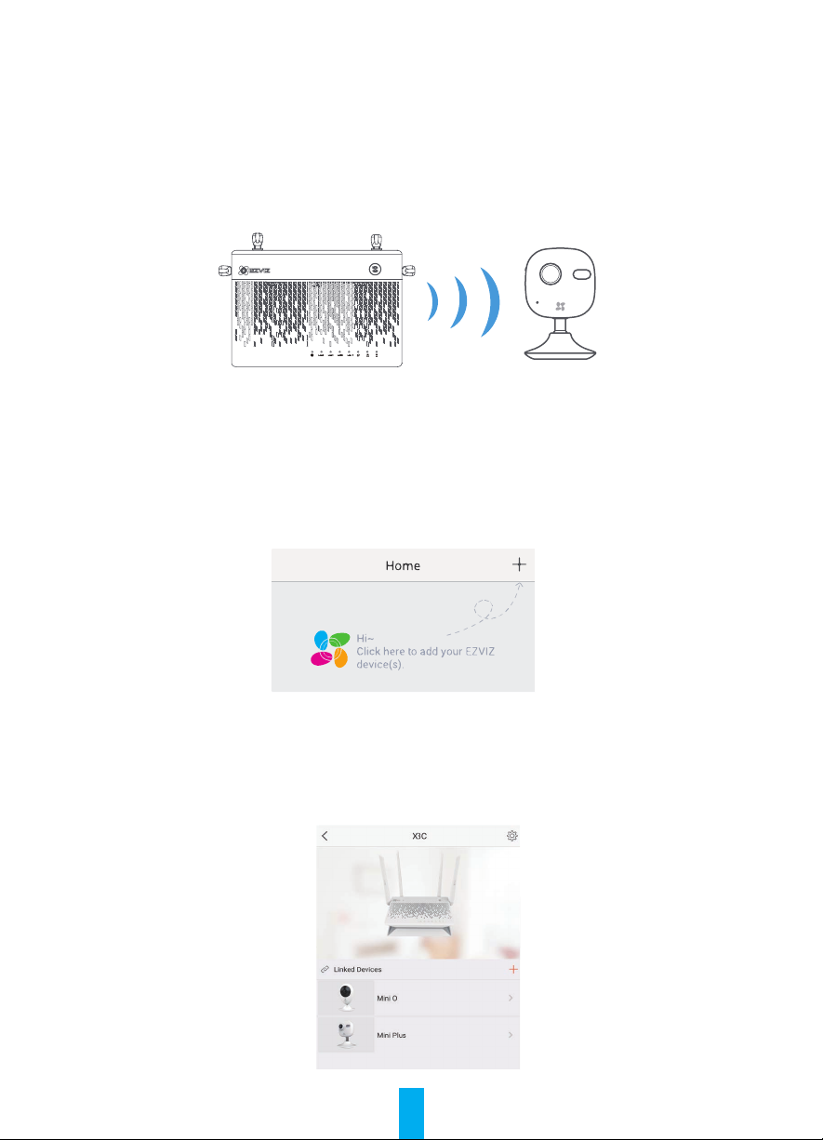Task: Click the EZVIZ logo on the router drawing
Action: tap(255, 271)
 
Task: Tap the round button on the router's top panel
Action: tap(375, 269)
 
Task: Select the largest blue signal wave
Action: tap(490, 302)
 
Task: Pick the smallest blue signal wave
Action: tap(432, 301)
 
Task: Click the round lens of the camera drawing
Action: tap(551, 273)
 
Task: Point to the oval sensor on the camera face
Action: tap(582, 274)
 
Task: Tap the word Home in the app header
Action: tap(403, 565)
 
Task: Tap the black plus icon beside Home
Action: tap(519, 563)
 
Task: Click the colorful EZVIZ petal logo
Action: tap(330, 649)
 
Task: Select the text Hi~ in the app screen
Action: tap(365, 638)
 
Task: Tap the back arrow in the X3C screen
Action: tap(325, 836)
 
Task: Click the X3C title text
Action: tap(419, 836)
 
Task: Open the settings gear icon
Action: tap(512, 836)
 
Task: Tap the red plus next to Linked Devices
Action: tap(513, 969)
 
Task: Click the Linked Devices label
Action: tap(357, 969)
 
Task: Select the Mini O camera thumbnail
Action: tap(346, 998)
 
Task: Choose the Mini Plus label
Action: tap(392, 1035)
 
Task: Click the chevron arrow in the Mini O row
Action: tap(511, 998)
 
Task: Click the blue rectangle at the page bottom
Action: tap(411, 1114)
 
